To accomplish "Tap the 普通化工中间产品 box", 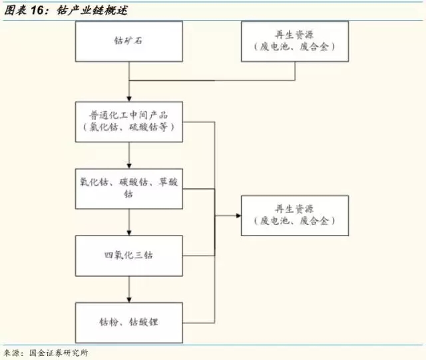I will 129,122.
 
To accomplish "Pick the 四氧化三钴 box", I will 129,256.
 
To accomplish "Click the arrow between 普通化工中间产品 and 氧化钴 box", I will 129,156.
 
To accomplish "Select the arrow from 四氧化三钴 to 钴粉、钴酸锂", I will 129,289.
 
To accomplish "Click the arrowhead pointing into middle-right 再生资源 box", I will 238,215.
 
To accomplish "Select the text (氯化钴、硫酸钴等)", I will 129,128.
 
